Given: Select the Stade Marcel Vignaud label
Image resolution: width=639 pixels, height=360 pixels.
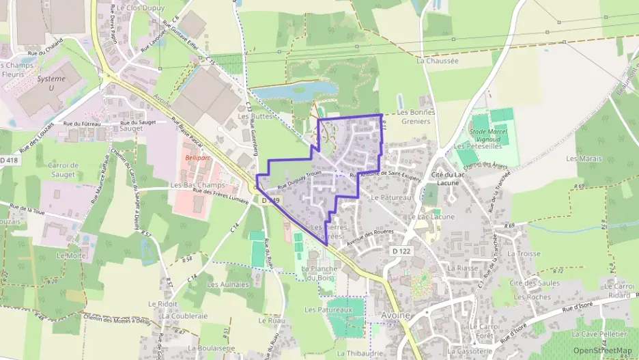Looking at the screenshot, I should (x=488, y=134).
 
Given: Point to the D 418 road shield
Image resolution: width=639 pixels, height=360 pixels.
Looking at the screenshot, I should (x=10, y=160).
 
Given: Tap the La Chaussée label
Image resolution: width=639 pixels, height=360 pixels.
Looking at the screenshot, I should (x=438, y=60).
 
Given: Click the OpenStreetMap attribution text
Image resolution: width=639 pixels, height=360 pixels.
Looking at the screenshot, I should (x=603, y=350).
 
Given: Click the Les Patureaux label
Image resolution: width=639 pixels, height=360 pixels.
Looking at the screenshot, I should (x=328, y=309).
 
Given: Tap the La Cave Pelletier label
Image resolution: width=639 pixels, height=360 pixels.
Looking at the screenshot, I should (x=599, y=333).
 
